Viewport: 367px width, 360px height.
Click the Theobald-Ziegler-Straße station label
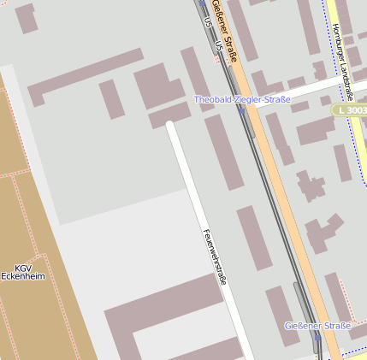(x=242, y=100)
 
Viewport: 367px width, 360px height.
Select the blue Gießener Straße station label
(x=317, y=326)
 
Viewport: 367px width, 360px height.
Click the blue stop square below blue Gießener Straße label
(x=316, y=337)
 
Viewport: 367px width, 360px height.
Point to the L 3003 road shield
(x=351, y=111)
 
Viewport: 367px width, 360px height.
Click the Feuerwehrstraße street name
(x=216, y=257)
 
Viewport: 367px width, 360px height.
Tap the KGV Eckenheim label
(x=22, y=272)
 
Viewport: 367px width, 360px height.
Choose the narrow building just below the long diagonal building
(x=112, y=99)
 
